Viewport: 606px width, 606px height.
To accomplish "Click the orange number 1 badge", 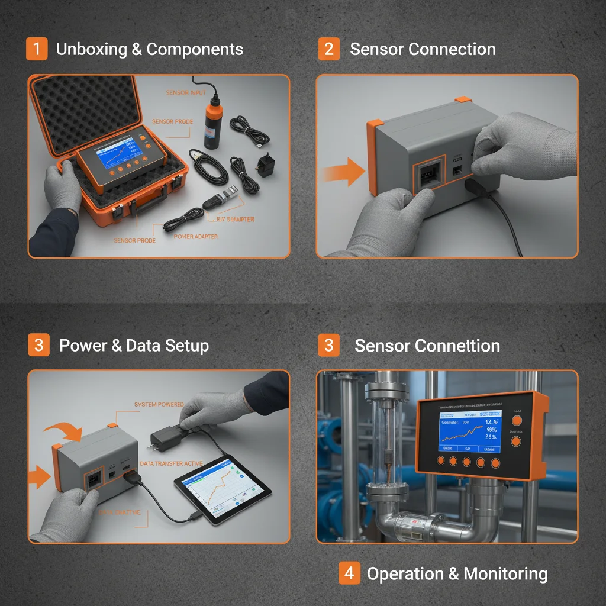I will pyautogui.click(x=37, y=49).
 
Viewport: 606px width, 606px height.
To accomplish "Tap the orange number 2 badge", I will pyautogui.click(x=329, y=49).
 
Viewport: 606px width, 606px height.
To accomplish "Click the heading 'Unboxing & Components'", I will pyautogui.click(x=149, y=49).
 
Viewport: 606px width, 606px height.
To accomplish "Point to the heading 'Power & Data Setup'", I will pyautogui.click(x=134, y=345).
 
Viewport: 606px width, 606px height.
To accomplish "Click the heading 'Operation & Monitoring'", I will pyautogui.click(x=457, y=573).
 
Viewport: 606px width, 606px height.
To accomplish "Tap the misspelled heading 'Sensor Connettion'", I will pyautogui.click(x=427, y=345).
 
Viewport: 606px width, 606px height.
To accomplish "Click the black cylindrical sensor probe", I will pyautogui.click(x=211, y=124).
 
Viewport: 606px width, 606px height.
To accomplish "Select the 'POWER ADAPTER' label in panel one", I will pyautogui.click(x=196, y=236).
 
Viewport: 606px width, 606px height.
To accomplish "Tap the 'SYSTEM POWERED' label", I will pyautogui.click(x=159, y=404).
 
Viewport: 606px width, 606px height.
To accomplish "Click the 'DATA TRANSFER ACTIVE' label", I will pyautogui.click(x=171, y=463).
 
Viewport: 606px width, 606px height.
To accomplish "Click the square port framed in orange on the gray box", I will pyautogui.click(x=428, y=175).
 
